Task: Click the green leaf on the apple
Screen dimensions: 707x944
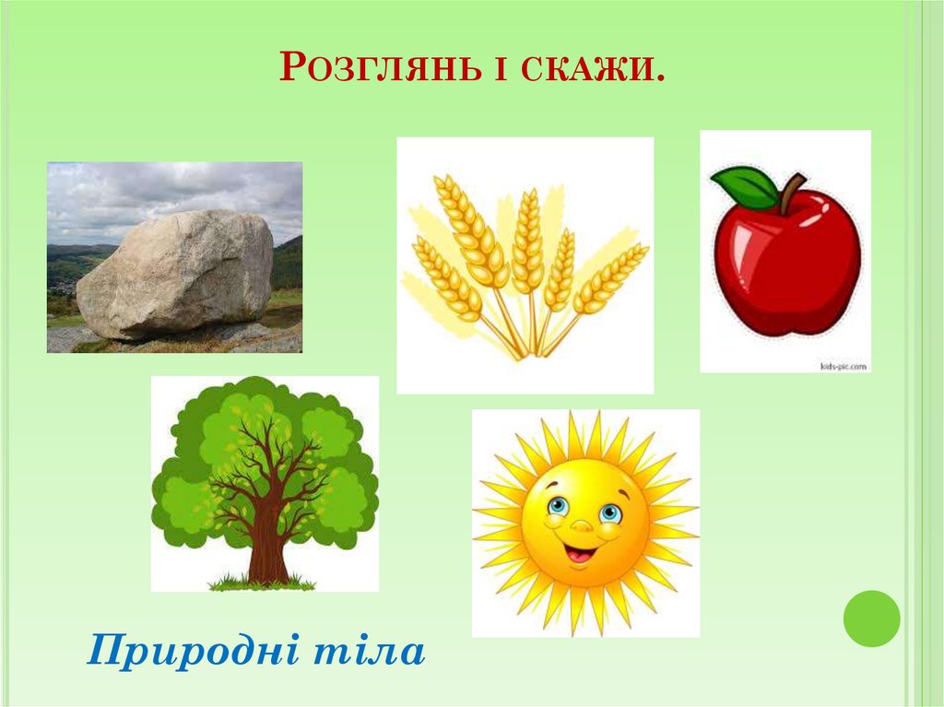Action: [x=745, y=187]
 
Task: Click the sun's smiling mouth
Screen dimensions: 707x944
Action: [x=580, y=554]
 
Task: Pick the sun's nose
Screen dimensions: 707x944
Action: [x=582, y=524]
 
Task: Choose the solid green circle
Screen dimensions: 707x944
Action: [x=871, y=619]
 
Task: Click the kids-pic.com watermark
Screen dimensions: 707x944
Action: [x=843, y=366]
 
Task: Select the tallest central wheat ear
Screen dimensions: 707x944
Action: [x=528, y=240]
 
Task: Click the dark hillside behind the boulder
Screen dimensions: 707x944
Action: [x=288, y=264]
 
